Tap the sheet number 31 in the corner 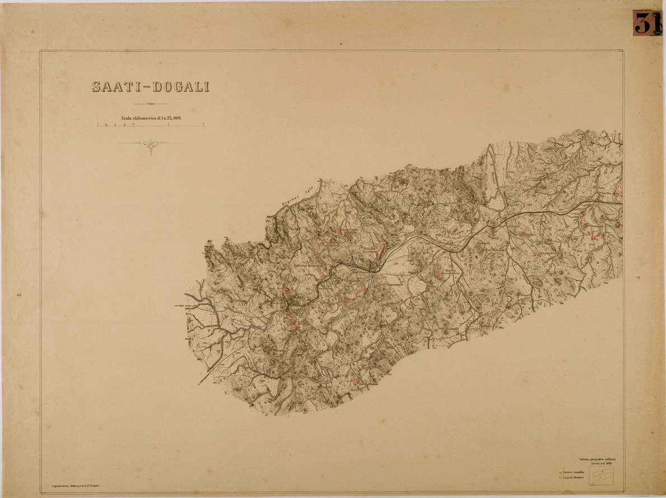click(x=647, y=23)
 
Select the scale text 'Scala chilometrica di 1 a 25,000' click(x=151, y=119)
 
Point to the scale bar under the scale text click(x=150, y=125)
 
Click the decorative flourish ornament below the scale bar click(x=150, y=145)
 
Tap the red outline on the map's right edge click(x=618, y=193)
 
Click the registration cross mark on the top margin click(x=341, y=43)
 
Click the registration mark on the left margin click(x=20, y=295)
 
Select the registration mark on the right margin click(x=639, y=277)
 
